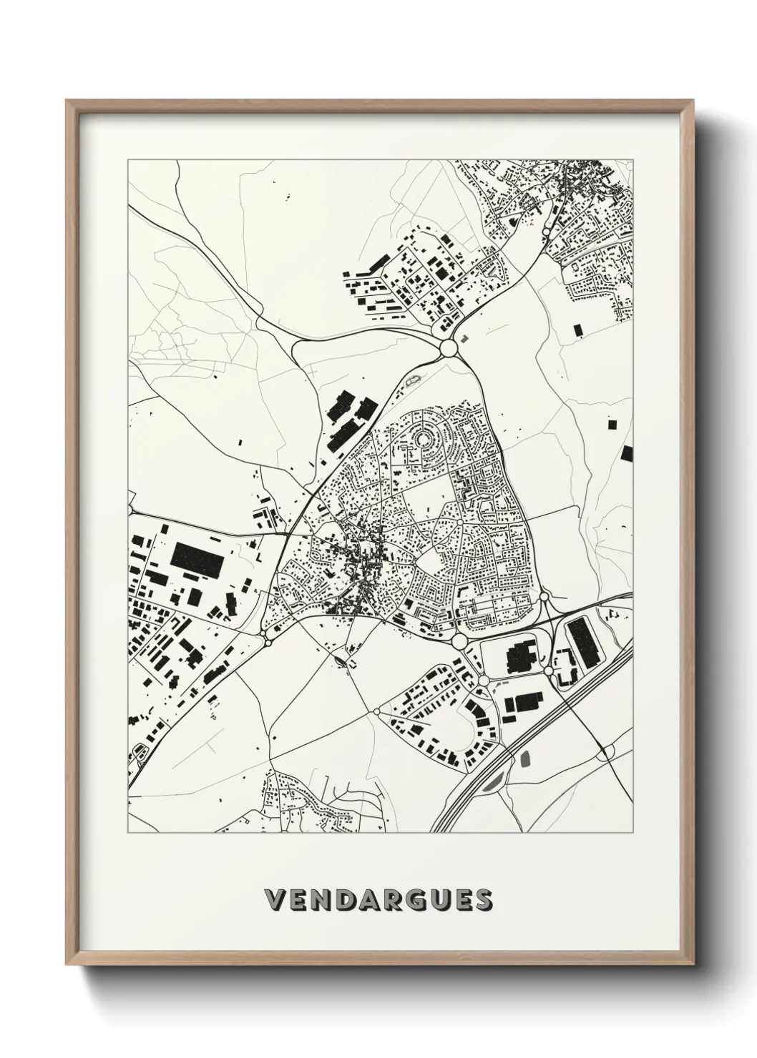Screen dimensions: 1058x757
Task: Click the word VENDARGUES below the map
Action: (x=378, y=900)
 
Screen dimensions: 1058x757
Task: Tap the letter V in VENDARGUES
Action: (x=273, y=900)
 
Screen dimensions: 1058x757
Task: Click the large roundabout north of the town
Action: (x=449, y=348)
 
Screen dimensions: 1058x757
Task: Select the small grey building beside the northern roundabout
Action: (x=464, y=337)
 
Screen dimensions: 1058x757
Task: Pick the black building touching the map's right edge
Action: (x=627, y=453)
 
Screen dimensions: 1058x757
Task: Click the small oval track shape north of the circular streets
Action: (x=414, y=380)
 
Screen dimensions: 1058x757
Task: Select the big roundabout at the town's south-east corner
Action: (x=459, y=641)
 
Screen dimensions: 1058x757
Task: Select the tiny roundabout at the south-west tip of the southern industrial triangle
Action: (x=376, y=711)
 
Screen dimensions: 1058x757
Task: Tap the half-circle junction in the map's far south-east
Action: (x=605, y=752)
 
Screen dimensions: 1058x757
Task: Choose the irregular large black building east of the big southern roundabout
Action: (x=521, y=654)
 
